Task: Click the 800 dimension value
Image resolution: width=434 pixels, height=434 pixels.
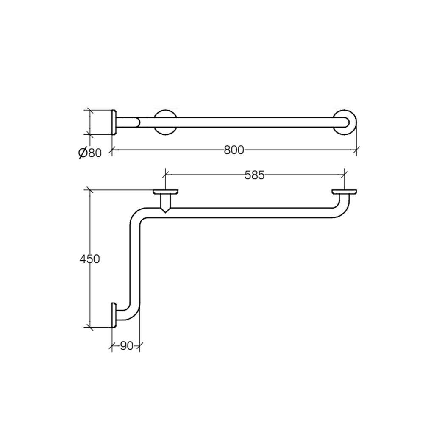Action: coord(234,150)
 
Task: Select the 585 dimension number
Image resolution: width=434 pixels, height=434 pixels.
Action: coord(254,175)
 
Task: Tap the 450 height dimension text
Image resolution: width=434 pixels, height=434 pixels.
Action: coord(89,259)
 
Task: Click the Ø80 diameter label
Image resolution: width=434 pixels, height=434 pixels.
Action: coord(90,152)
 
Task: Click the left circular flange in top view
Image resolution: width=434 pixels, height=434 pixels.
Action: coord(165,122)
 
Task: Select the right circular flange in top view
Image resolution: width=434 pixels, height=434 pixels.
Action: coord(345,122)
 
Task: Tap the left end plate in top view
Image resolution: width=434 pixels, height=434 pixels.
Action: coord(114,122)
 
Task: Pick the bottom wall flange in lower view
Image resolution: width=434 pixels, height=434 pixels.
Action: coord(114,315)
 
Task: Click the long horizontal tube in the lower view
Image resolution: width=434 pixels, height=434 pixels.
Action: coord(246,213)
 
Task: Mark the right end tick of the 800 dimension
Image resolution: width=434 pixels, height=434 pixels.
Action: coord(356,150)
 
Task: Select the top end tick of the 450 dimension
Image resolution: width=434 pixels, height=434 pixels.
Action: coord(89,190)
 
